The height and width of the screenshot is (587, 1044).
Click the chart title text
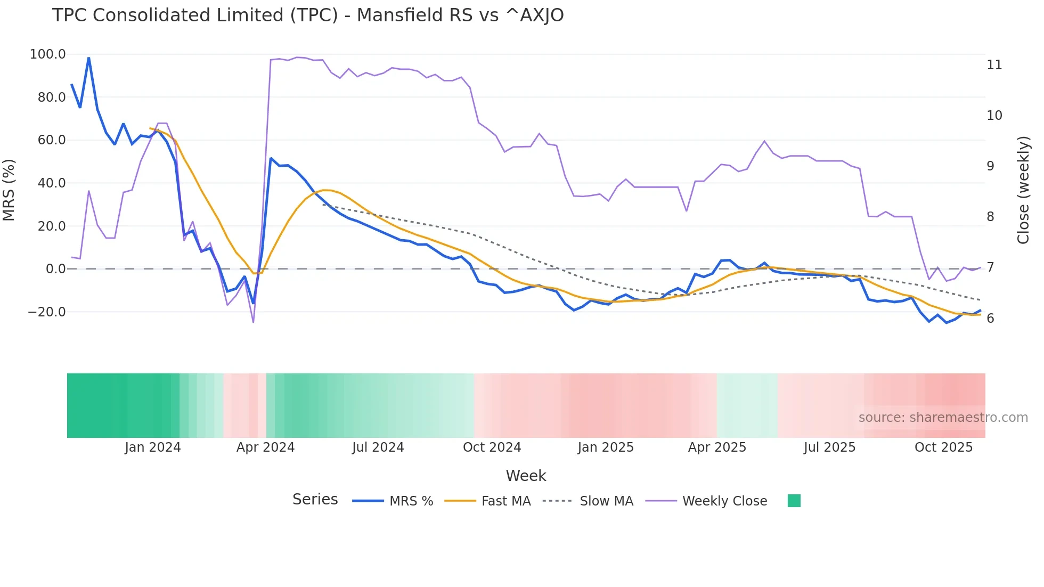tap(308, 15)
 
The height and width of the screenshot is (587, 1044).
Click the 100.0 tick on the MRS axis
tap(48, 54)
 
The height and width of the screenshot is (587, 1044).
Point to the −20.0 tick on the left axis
tap(47, 312)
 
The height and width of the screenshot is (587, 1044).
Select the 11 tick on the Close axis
tap(994, 65)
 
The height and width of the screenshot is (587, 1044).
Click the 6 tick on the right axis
tap(990, 319)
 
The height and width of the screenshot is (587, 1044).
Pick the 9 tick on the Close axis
tap(990, 166)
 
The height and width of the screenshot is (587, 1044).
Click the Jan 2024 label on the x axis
tap(153, 447)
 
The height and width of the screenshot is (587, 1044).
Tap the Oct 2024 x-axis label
tap(492, 447)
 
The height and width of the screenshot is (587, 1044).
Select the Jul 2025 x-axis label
tap(829, 447)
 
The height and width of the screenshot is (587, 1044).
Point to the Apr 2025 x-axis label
tap(717, 447)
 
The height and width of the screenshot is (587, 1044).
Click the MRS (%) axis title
tap(9, 190)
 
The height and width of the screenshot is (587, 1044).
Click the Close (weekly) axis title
tap(1023, 190)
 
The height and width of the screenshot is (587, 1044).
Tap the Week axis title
tap(526, 476)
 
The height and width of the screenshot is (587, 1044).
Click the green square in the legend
tap(794, 501)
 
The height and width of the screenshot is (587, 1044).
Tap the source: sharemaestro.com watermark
tap(943, 418)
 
